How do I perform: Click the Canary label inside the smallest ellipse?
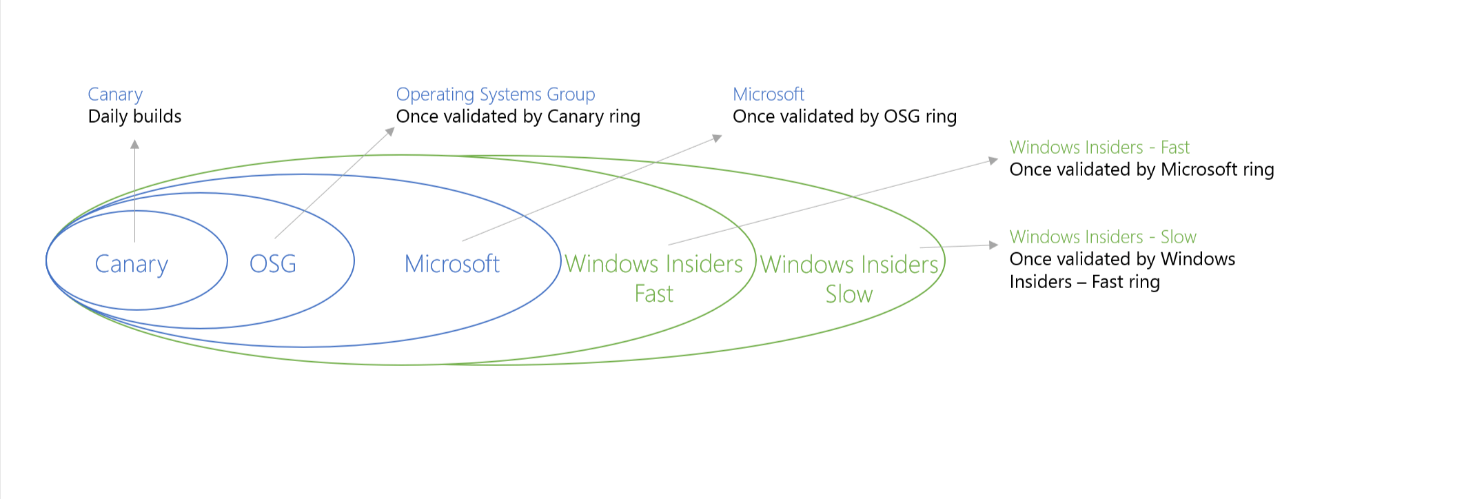[x=131, y=264]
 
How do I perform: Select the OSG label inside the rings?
[x=273, y=264]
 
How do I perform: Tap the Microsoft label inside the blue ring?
[x=452, y=264]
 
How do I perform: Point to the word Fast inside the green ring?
[x=653, y=294]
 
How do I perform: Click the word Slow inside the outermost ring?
[x=849, y=295]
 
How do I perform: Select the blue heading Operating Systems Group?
[x=495, y=94]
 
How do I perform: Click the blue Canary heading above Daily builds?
[x=115, y=94]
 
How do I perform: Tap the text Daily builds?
[x=134, y=116]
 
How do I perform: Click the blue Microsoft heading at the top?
[x=769, y=94]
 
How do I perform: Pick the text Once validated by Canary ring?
[x=518, y=116]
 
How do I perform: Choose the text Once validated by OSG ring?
[x=844, y=116]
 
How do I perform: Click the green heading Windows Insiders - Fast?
[x=1099, y=147]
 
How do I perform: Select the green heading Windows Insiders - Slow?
[x=1103, y=237]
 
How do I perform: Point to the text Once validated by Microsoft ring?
[x=1141, y=170]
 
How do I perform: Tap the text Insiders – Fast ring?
[x=1084, y=282]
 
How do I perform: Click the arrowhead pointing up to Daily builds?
[x=135, y=144]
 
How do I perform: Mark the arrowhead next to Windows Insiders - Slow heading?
[x=993, y=245]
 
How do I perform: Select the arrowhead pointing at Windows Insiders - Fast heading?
[x=993, y=161]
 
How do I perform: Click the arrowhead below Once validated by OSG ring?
[x=717, y=139]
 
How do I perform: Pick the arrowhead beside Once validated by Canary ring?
[x=390, y=131]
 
